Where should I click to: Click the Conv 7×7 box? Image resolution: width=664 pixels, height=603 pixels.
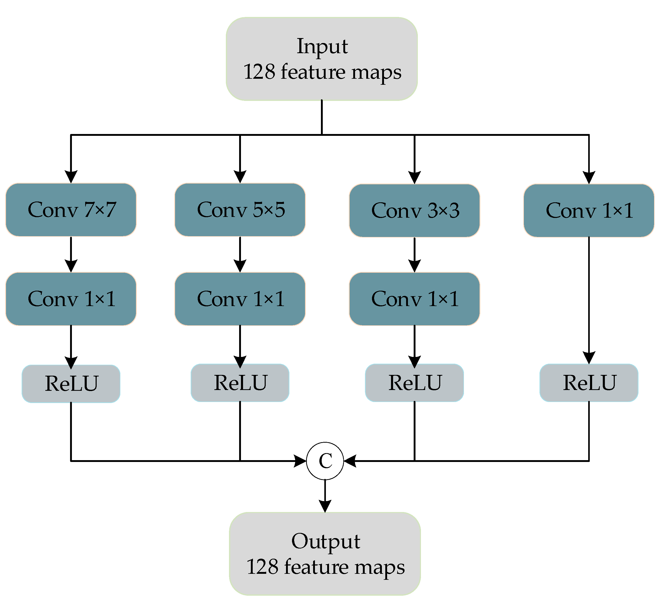pyautogui.click(x=71, y=210)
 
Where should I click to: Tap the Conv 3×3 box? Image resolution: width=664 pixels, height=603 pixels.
pyautogui.click(x=414, y=210)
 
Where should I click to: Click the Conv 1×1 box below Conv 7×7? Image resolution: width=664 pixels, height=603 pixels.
pyautogui.click(x=71, y=299)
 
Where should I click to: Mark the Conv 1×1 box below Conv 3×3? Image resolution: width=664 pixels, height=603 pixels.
pyautogui.click(x=414, y=299)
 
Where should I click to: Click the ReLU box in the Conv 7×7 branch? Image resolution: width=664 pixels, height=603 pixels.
pyautogui.click(x=71, y=383)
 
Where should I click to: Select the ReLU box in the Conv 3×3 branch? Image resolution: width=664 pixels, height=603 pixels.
pyautogui.click(x=414, y=383)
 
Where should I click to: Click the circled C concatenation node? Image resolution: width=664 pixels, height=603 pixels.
pyautogui.click(x=325, y=461)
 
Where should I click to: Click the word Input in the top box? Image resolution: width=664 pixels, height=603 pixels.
pyautogui.click(x=322, y=46)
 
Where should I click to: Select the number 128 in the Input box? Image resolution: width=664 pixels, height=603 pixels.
pyautogui.click(x=259, y=72)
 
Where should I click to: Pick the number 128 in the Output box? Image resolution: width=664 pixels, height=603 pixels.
pyautogui.click(x=263, y=567)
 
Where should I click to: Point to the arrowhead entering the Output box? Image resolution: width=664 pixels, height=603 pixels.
pyautogui.click(x=325, y=506)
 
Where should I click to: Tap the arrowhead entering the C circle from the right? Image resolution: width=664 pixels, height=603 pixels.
pyautogui.click(x=350, y=461)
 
